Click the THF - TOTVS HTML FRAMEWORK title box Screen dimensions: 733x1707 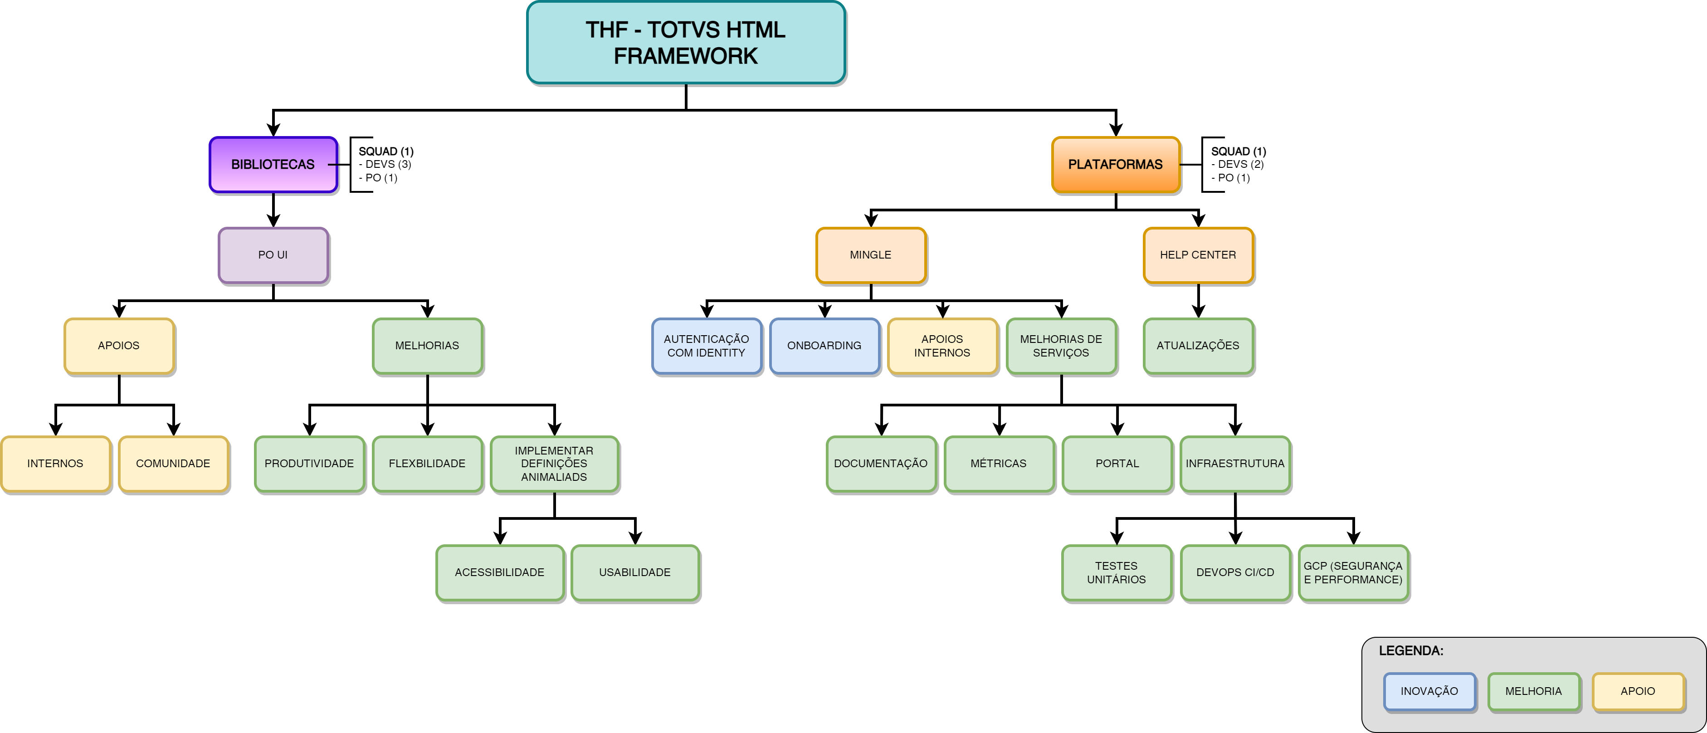[686, 43]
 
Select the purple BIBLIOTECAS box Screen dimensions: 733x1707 [273, 164]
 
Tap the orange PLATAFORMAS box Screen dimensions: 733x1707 [1115, 164]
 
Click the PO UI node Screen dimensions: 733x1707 [273, 255]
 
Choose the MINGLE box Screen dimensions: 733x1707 [871, 255]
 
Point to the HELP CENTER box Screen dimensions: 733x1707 [1198, 255]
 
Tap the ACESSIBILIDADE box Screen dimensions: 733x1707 [500, 572]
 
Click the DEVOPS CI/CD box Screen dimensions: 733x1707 [1235, 572]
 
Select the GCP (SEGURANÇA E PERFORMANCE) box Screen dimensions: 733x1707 [1353, 572]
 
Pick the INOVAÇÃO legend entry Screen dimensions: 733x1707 [1429, 691]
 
